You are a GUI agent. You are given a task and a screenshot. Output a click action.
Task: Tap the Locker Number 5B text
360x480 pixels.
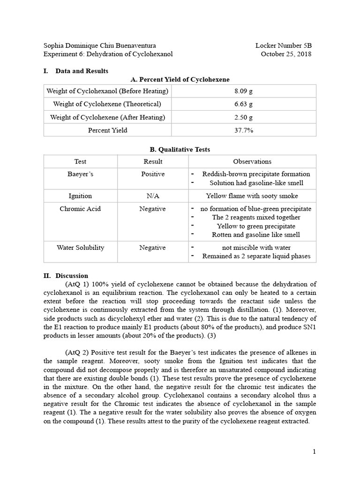click(283, 45)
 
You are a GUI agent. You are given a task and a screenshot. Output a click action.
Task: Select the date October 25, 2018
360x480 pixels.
click(286, 54)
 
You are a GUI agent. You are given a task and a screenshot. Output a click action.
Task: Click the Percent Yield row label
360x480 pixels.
click(107, 130)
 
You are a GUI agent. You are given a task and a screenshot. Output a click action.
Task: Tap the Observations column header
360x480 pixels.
click(252, 161)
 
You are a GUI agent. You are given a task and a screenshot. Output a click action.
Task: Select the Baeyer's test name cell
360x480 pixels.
click(80, 174)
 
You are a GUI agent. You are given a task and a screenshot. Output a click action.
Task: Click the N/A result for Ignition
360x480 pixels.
click(152, 196)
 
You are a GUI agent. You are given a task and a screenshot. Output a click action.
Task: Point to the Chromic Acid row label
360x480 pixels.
click(80, 209)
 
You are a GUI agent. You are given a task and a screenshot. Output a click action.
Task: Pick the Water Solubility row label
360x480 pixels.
click(80, 247)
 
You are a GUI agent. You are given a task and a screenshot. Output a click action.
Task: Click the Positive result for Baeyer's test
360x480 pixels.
click(152, 174)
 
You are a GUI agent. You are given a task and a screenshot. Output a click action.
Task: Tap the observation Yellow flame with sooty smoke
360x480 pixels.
click(252, 196)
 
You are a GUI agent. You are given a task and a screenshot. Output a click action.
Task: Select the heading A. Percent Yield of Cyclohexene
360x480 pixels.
click(180, 80)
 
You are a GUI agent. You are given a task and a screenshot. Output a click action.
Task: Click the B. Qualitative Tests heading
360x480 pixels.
click(180, 150)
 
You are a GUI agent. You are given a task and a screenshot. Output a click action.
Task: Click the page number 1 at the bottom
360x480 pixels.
click(315, 451)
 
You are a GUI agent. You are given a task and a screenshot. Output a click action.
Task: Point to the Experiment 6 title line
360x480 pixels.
click(108, 54)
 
